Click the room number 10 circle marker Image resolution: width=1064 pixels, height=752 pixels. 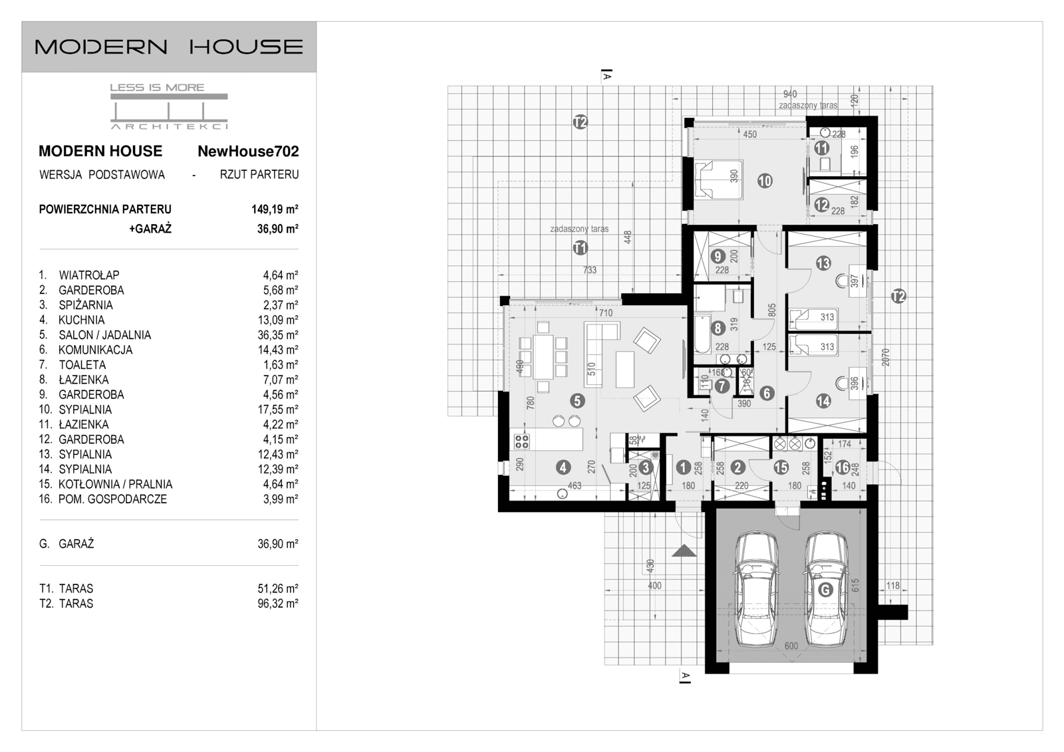pos(765,180)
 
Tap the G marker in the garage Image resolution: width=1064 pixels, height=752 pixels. pos(825,590)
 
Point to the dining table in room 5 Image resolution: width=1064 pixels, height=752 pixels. pos(543,356)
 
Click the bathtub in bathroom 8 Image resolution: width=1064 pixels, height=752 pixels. pos(702,334)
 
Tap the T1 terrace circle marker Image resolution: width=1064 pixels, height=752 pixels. pos(580,248)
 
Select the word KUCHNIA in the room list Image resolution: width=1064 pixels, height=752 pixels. pos(81,320)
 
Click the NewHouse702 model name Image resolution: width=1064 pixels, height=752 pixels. pos(248,152)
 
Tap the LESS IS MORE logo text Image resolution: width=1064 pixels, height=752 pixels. pos(157,87)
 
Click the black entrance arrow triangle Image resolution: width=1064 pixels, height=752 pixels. pos(684,551)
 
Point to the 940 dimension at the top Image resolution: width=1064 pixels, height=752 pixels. pos(789,94)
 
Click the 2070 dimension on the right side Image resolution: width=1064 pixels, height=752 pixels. pos(884,357)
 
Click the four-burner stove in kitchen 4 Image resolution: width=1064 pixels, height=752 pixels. pos(522,441)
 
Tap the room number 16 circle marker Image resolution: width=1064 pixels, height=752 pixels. pos(842,467)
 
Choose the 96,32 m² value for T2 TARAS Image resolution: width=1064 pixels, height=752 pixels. pos(277,604)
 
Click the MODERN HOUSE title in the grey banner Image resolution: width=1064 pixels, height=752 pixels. pos(169,47)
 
